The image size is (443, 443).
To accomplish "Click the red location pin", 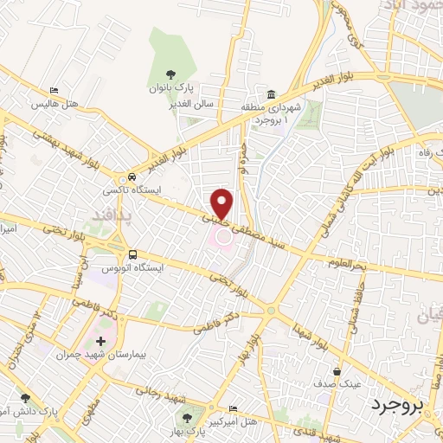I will coord(221,202).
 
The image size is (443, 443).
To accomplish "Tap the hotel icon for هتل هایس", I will coord(55,91).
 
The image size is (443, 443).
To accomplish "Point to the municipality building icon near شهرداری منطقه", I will coord(271,94).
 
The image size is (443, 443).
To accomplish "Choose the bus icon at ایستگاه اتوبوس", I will coord(132,254).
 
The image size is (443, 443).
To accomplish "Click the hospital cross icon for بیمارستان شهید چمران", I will coord(105,341).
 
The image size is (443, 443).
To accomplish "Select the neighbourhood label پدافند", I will coord(111,214).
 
